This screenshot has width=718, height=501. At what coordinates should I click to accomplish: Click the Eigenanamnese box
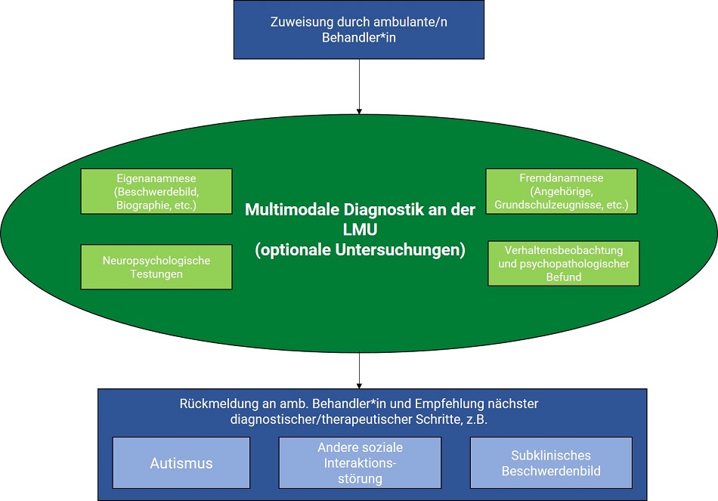click(x=156, y=191)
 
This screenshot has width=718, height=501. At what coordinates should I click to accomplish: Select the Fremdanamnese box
click(x=562, y=191)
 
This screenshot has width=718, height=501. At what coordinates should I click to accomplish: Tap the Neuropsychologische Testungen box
click(x=156, y=267)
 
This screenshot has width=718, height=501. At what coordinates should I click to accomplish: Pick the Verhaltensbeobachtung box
click(x=564, y=264)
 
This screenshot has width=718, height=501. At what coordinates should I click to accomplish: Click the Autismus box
click(x=181, y=463)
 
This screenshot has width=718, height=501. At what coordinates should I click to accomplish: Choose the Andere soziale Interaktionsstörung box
click(x=360, y=463)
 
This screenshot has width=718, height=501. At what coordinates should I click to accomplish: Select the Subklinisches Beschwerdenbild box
click(x=551, y=463)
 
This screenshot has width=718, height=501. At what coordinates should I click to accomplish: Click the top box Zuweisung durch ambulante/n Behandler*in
click(x=359, y=29)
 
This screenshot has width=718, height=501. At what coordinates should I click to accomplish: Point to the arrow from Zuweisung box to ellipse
click(x=359, y=87)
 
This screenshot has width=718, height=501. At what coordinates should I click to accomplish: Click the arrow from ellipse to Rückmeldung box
click(x=359, y=370)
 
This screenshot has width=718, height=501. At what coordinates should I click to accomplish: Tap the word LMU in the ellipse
click(x=360, y=230)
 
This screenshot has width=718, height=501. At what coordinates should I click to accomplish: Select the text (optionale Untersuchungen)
click(x=360, y=250)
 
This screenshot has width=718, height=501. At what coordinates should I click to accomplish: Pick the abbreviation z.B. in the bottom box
click(x=477, y=419)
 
